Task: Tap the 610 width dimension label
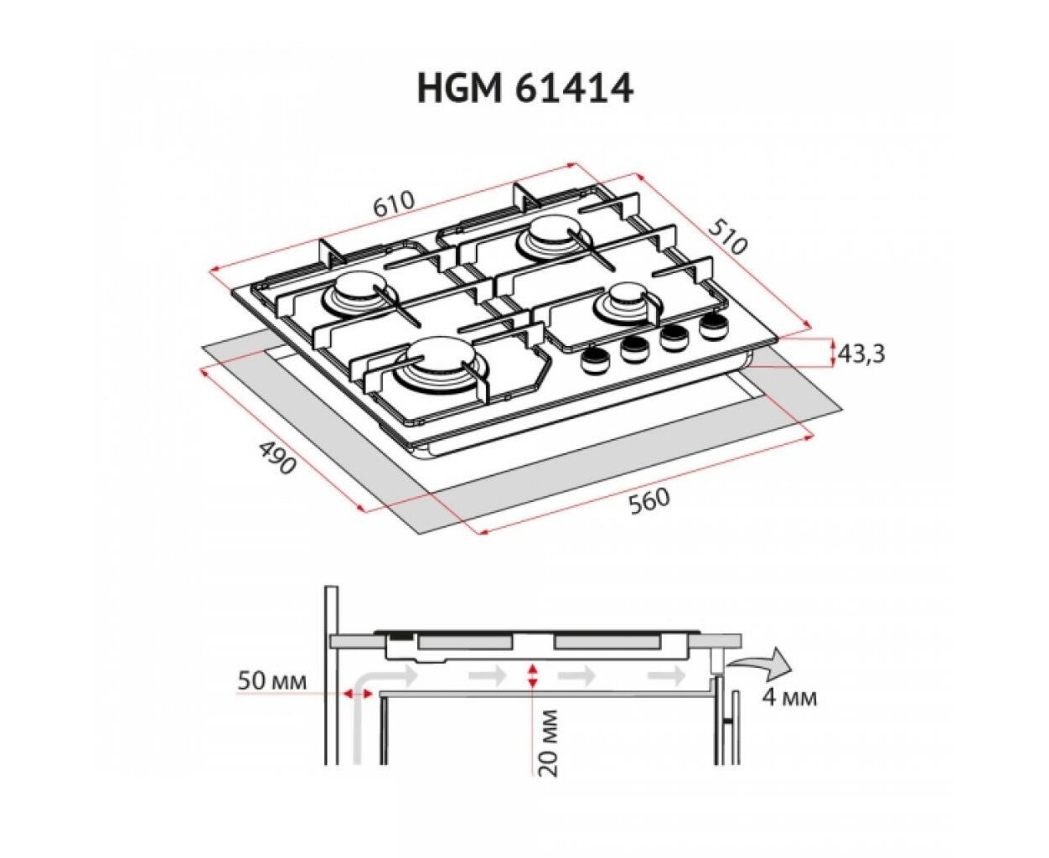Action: pos(394,204)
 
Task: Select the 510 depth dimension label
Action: pos(726,237)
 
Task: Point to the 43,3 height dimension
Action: pos(861,354)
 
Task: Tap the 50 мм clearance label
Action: pos(271,681)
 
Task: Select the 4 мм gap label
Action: pos(789,698)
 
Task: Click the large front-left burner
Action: pos(440,369)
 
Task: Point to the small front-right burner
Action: pos(628,304)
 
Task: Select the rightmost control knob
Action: pos(712,325)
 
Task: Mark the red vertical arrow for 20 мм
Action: pos(533,675)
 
